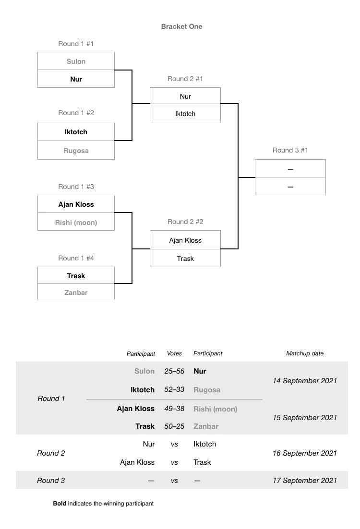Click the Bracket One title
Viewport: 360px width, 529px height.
point(181,26)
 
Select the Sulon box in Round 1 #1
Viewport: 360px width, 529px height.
point(76,61)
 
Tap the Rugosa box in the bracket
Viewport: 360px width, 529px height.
point(76,151)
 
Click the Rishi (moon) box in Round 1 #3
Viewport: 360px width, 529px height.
point(76,223)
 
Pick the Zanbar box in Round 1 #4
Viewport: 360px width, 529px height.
point(76,292)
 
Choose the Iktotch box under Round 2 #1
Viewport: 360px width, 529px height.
point(185,114)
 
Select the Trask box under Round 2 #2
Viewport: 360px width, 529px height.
point(185,259)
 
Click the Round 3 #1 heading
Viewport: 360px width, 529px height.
point(290,150)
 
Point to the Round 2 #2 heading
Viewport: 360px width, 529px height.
point(185,222)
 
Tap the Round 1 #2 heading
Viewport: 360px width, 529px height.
point(76,113)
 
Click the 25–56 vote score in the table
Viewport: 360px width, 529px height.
point(174,371)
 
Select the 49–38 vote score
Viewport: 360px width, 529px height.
point(174,409)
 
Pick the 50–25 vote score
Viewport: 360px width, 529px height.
point(174,426)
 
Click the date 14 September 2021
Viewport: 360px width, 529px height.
point(305,381)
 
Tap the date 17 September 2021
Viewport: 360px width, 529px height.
point(305,481)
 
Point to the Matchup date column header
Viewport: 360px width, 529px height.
point(305,353)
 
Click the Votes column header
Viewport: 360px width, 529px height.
point(174,353)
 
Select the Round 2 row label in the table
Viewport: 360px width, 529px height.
point(51,453)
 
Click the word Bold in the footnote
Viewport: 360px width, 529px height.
point(60,504)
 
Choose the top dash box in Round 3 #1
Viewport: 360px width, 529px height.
point(290,169)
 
